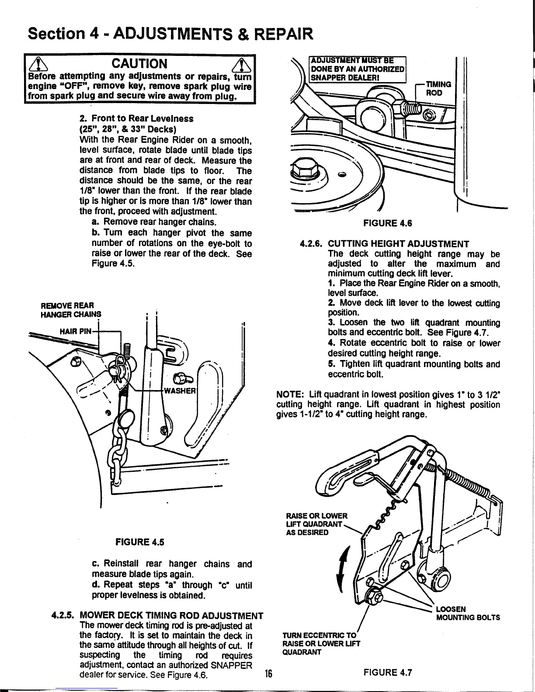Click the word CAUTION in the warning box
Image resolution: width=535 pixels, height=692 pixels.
click(x=140, y=64)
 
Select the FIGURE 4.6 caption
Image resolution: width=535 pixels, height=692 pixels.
click(x=388, y=223)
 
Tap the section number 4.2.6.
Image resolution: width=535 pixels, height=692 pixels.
click(x=311, y=244)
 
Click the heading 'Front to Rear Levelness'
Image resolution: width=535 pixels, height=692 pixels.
click(x=136, y=118)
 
